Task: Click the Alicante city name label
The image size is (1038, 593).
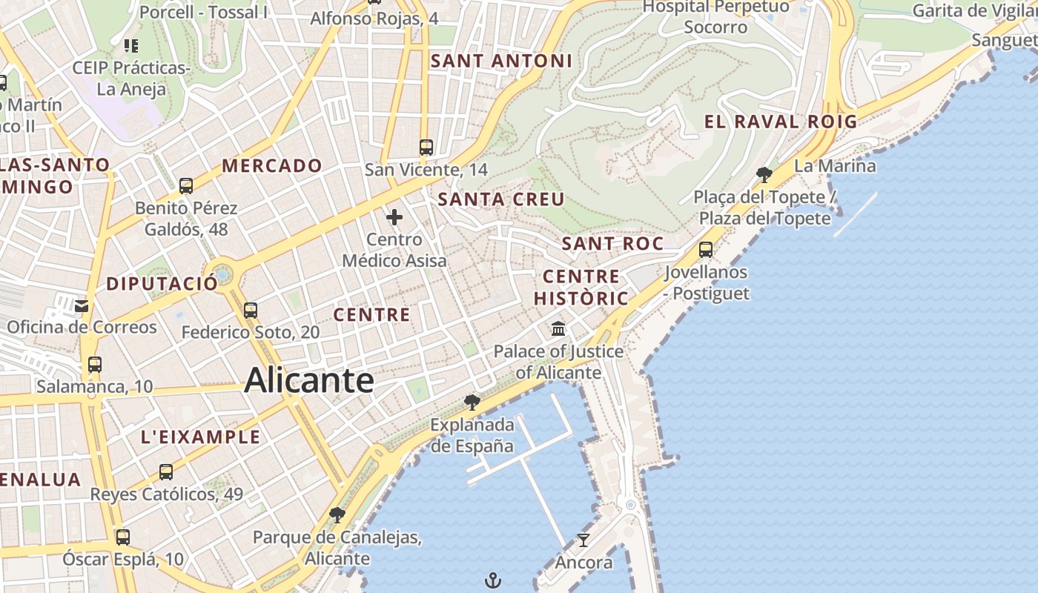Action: coord(308,380)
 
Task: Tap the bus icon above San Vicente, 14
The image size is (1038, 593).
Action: coord(426,147)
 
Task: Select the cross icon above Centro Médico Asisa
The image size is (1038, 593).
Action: coord(394,217)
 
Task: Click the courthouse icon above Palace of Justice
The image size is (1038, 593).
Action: coord(558,328)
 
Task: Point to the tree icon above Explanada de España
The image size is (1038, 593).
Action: coord(472,402)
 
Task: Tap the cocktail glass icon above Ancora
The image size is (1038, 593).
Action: coord(584,540)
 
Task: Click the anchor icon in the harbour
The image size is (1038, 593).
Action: coord(493,580)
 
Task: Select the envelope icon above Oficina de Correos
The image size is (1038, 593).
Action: coord(82,305)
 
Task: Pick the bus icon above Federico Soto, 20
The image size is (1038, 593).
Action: coord(251,310)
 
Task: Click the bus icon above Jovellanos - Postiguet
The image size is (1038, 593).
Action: coord(706,249)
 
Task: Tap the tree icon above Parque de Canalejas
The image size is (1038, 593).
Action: coord(337,515)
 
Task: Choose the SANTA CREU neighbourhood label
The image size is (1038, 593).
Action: coord(501,199)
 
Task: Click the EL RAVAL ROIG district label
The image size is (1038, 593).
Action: coord(781,122)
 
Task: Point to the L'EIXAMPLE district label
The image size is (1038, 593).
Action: coord(201,437)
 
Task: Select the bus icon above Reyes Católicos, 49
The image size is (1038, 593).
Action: coord(166,471)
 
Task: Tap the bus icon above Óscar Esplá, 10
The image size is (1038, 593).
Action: coord(123,537)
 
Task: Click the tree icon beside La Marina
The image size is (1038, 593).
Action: coord(764,175)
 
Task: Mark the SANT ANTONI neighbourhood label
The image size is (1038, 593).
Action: coord(502,61)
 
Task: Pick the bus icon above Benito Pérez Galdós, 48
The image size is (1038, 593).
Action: coord(186,185)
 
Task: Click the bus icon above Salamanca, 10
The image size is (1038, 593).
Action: coord(94,364)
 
